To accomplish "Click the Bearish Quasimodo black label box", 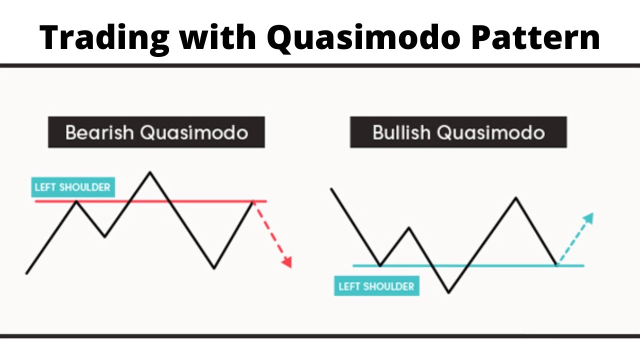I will [x=156, y=132].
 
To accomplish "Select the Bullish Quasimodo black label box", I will [x=458, y=132].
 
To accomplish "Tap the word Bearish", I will [x=99, y=132].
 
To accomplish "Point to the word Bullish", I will [x=401, y=132].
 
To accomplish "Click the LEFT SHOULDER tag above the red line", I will [x=72, y=187].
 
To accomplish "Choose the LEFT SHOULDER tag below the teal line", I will [x=376, y=286].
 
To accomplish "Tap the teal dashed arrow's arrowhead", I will [x=589, y=218].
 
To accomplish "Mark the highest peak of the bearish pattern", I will [x=149, y=172].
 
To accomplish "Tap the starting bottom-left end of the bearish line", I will [x=26, y=273].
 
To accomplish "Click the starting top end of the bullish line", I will [x=331, y=188].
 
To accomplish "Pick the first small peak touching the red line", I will [x=76, y=201].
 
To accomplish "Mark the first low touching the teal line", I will [x=380, y=265].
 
